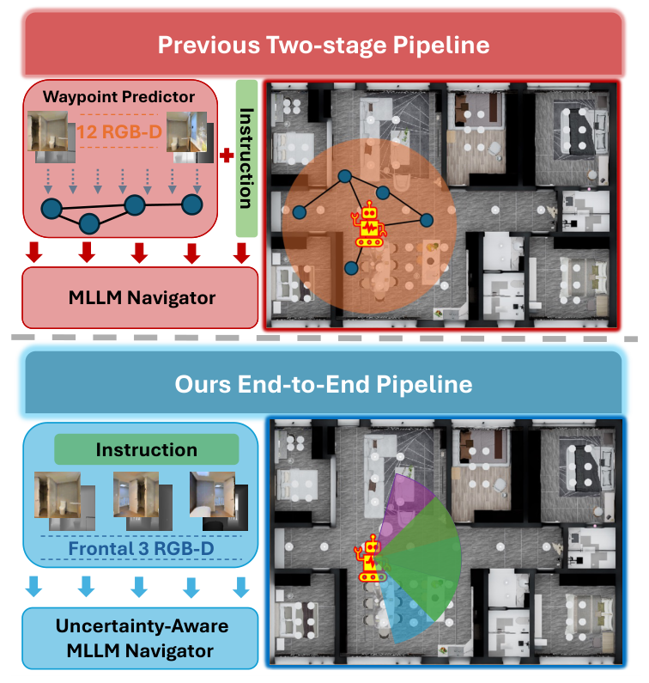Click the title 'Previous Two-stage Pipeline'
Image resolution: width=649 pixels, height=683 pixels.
pyautogui.click(x=324, y=46)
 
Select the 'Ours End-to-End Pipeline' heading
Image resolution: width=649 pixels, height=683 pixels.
pyautogui.click(x=324, y=383)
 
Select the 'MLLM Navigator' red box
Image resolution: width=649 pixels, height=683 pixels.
pyautogui.click(x=140, y=297)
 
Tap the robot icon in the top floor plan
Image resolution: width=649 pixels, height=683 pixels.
pyautogui.click(x=369, y=226)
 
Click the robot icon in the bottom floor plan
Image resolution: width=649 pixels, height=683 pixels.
pyautogui.click(x=371, y=560)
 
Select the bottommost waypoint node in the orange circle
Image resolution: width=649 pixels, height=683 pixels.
pyautogui.click(x=350, y=268)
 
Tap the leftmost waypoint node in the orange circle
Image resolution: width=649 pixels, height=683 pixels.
pyautogui.click(x=301, y=211)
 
